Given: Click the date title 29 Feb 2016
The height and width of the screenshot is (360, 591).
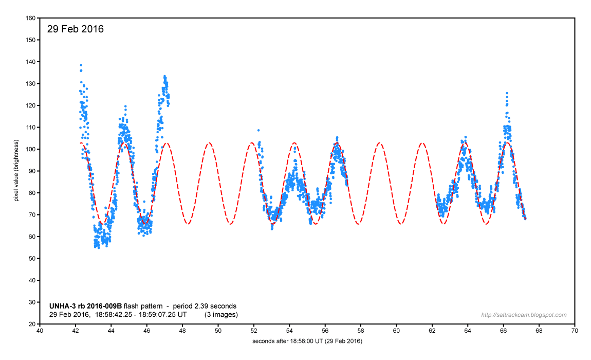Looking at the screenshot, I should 76,29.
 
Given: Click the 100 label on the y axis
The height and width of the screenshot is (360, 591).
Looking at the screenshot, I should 30,149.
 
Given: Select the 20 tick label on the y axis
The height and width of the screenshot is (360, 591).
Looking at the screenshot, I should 32,325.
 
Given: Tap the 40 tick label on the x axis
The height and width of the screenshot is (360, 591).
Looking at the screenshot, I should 40,332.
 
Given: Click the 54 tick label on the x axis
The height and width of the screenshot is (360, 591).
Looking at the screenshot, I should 289,332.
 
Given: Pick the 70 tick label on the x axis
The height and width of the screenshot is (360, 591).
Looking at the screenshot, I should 575,332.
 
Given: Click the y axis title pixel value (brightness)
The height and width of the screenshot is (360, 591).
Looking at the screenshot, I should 16,170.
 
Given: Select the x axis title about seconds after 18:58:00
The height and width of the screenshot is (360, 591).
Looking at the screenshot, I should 307,341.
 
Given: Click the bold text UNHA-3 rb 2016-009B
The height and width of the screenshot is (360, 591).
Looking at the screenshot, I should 85,305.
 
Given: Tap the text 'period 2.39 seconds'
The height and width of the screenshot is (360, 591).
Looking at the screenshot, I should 205,305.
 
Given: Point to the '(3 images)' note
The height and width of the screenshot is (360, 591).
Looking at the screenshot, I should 221,314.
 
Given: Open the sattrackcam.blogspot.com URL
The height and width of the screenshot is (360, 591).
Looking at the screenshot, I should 524,315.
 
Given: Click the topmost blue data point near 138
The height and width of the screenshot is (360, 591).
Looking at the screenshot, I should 81,65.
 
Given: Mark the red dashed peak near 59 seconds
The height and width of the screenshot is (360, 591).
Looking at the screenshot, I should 379,143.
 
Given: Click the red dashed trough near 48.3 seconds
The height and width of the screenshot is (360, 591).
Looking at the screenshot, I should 189,224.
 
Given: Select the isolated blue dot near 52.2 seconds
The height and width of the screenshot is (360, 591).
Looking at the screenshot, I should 258,130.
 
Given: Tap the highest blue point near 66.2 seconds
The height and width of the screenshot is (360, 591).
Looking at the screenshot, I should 507,93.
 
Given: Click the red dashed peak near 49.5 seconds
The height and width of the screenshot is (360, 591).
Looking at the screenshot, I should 209,143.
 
